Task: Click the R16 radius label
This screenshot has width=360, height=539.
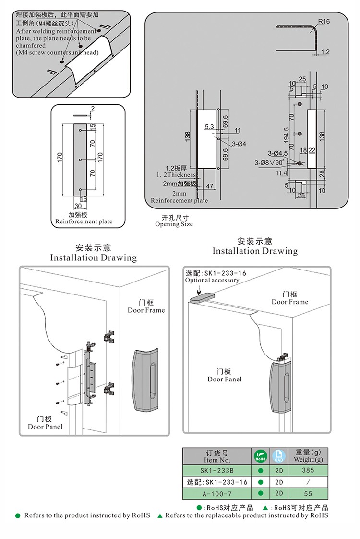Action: (x=324, y=21)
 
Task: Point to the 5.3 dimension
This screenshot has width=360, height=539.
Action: (x=209, y=127)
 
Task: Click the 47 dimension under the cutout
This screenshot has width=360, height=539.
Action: (x=209, y=185)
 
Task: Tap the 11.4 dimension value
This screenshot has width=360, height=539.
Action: (x=282, y=173)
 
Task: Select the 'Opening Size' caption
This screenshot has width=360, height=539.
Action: (x=174, y=224)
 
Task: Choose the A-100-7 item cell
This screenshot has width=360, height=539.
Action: (x=216, y=493)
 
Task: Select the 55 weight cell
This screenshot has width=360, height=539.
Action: (x=307, y=493)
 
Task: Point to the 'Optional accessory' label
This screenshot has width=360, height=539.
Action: (x=212, y=280)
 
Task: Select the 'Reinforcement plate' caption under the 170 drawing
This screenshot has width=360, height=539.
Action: (x=84, y=221)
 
